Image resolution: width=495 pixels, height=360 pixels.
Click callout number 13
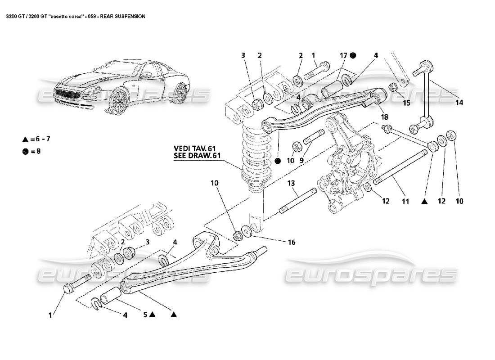[291, 183]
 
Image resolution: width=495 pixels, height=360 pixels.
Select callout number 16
[291, 243]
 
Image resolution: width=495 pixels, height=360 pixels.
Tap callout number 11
[405, 202]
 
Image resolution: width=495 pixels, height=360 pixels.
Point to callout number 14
[459, 103]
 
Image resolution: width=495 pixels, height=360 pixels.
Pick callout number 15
[407, 103]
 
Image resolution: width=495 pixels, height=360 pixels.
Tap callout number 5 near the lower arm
[146, 315]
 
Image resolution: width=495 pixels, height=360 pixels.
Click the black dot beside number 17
[353, 55]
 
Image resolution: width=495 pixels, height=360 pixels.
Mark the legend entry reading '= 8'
[32, 152]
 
